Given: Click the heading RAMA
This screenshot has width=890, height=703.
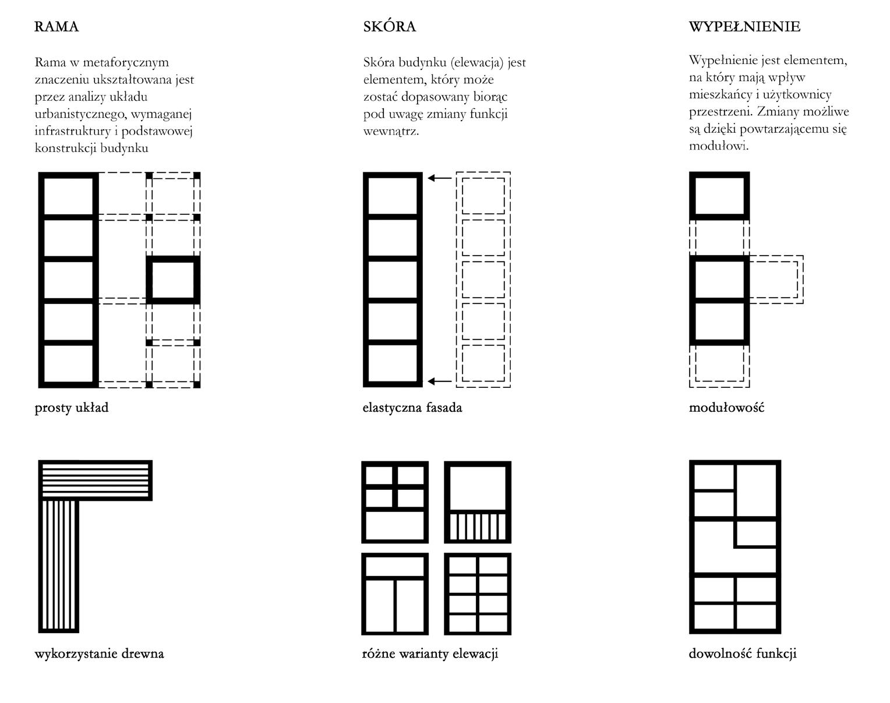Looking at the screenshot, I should (56, 27).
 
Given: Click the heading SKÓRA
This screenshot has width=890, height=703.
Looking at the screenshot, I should (389, 27).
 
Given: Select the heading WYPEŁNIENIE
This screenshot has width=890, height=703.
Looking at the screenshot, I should (744, 27).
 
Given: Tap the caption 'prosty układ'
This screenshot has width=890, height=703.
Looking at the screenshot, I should (72, 408).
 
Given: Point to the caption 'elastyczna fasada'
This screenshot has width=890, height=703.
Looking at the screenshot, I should (412, 408).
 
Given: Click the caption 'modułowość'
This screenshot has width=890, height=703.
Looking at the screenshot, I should (726, 408).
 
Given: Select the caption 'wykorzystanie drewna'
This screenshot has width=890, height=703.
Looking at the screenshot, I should (99, 653).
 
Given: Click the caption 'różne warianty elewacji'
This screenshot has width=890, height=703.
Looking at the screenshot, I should (430, 653).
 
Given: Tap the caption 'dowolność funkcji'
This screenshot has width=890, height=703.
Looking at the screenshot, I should (742, 653).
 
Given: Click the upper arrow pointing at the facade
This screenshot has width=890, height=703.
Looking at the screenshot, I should (440, 178).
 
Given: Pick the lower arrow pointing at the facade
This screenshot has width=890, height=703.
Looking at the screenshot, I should (440, 381).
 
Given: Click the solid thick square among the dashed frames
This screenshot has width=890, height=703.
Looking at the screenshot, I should (173, 280).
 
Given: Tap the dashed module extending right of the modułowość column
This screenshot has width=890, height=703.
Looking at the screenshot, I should (776, 280).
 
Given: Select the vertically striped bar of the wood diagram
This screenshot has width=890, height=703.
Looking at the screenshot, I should (58, 565).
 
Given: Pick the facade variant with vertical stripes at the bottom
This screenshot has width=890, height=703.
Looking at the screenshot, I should (478, 502).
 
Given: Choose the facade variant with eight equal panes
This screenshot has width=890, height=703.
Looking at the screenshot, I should (478, 594).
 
